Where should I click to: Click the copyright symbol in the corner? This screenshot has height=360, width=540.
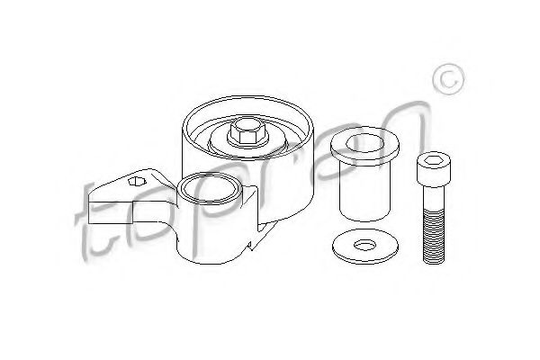[x=449, y=79]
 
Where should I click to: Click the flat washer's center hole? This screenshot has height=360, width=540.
[x=365, y=246]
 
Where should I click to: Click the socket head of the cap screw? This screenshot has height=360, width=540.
[x=434, y=169]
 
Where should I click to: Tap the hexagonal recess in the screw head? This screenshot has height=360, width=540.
[x=434, y=160]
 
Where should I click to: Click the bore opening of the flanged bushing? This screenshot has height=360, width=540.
[x=365, y=143]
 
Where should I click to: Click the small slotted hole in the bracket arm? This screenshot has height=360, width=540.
[x=137, y=181]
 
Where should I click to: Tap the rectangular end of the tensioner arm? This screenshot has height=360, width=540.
[x=110, y=211]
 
